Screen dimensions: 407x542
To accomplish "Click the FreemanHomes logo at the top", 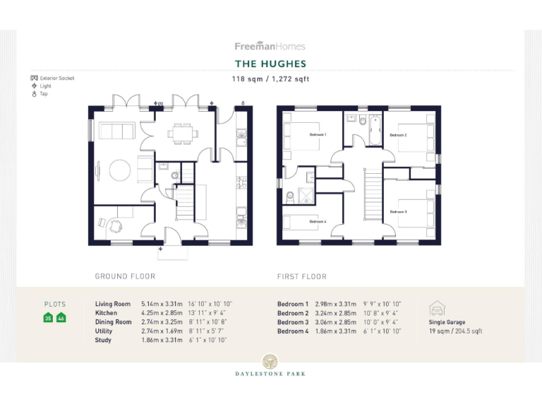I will tap(270, 46).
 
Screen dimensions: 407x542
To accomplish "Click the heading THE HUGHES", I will tap(270, 64).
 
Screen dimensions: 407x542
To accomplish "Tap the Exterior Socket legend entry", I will tap(53, 78).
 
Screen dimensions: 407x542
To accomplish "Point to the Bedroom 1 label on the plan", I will tap(317, 134).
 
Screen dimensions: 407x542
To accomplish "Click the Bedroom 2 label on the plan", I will tap(398, 135).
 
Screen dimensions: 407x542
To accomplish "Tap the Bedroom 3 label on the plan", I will tap(398, 211).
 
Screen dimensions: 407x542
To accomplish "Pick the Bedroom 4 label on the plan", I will tap(317, 221).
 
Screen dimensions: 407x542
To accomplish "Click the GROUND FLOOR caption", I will tap(125, 276).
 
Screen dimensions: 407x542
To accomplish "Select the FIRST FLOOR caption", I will tap(302, 276).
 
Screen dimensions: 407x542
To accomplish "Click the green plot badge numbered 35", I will tap(49, 318).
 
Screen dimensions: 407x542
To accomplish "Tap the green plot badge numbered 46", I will tap(61, 318).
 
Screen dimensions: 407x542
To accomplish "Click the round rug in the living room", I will tap(118, 170).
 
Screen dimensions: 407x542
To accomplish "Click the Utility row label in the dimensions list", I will tap(104, 331).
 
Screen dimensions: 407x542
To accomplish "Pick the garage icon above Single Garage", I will tap(437, 309).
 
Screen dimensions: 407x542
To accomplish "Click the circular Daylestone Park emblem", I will tap(270, 361).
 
